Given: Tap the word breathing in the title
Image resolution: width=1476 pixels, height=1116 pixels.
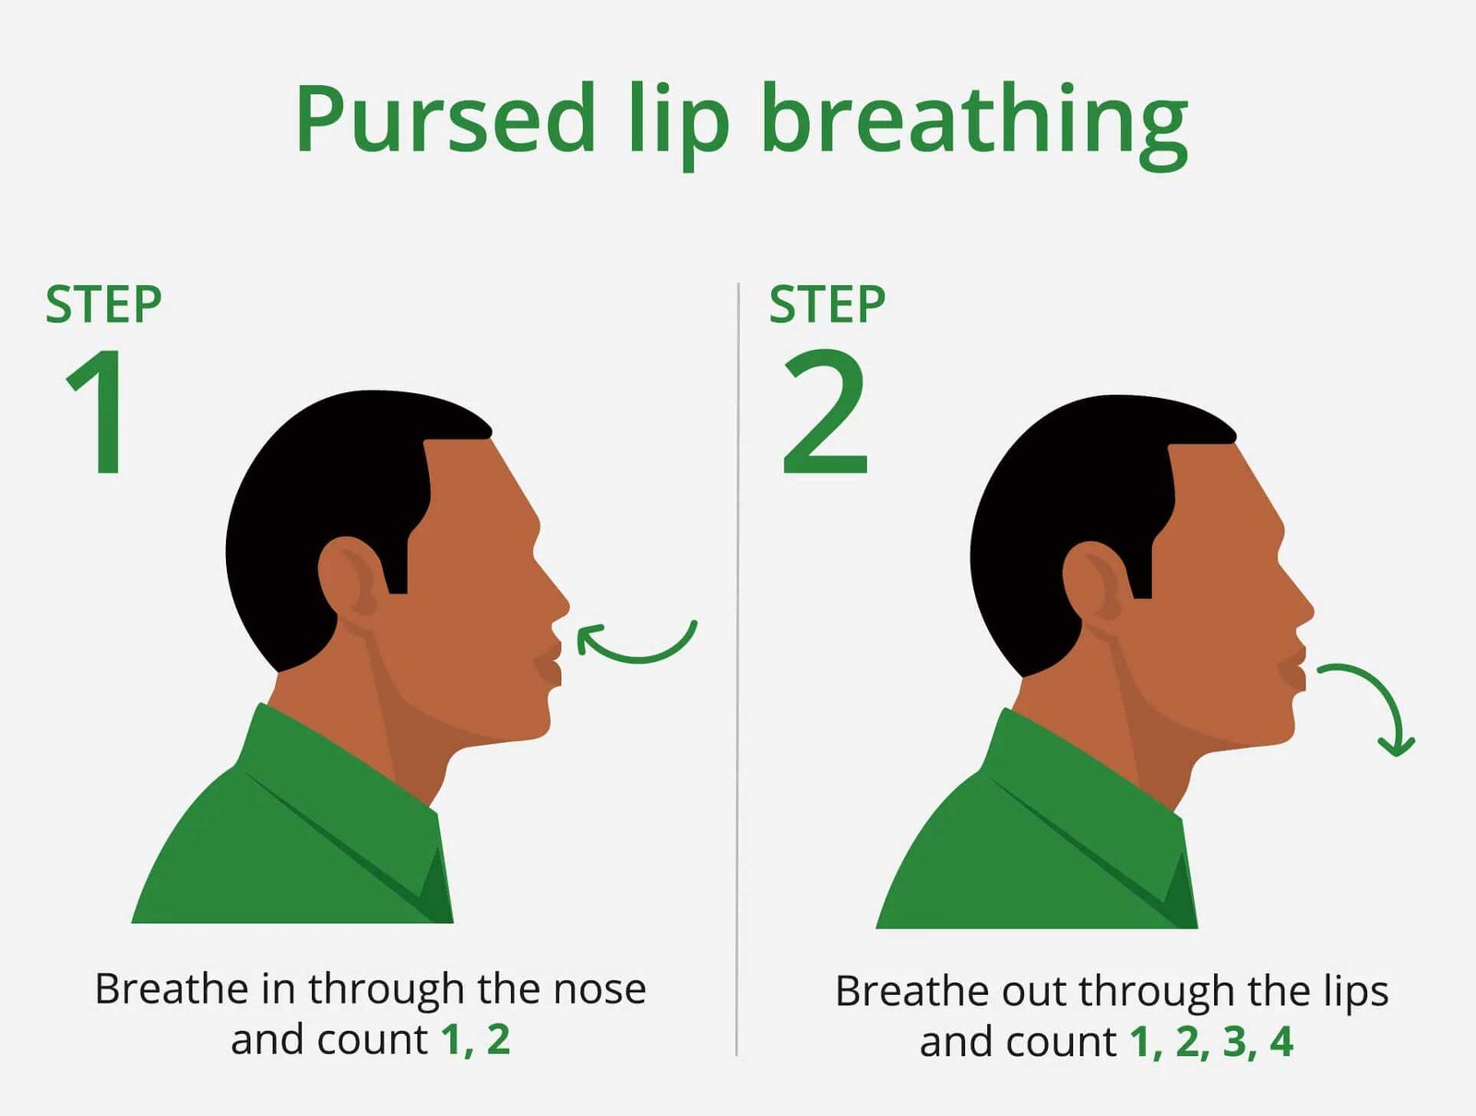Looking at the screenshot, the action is [974, 126].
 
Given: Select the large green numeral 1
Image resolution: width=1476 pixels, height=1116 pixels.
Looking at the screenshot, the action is [98, 412].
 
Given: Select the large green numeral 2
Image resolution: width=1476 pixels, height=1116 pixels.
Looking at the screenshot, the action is [825, 411].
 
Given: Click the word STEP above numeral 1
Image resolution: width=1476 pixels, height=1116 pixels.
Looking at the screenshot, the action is [103, 305].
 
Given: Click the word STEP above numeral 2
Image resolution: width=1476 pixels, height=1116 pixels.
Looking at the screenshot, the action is [827, 304].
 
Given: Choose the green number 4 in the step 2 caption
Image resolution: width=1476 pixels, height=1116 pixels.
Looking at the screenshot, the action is [1281, 1041].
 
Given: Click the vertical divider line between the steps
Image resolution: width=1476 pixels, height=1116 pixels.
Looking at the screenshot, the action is [738, 669].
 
